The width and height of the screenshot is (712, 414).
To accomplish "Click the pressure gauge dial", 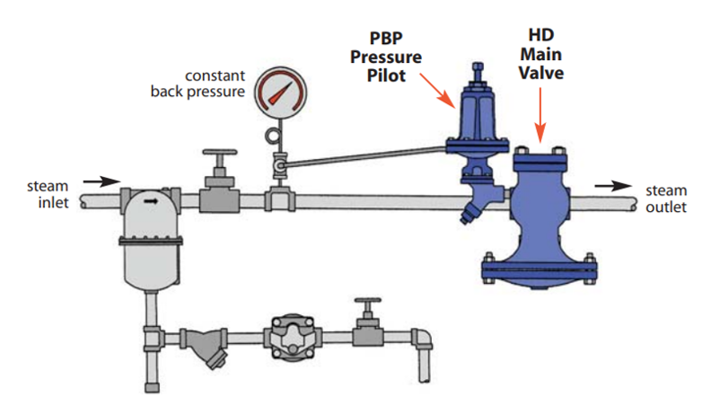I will click(277, 93).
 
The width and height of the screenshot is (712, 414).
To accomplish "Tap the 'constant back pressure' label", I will click(209, 83).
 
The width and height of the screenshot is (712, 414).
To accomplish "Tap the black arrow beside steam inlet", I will click(107, 181).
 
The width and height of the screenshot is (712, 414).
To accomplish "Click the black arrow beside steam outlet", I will click(614, 186).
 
